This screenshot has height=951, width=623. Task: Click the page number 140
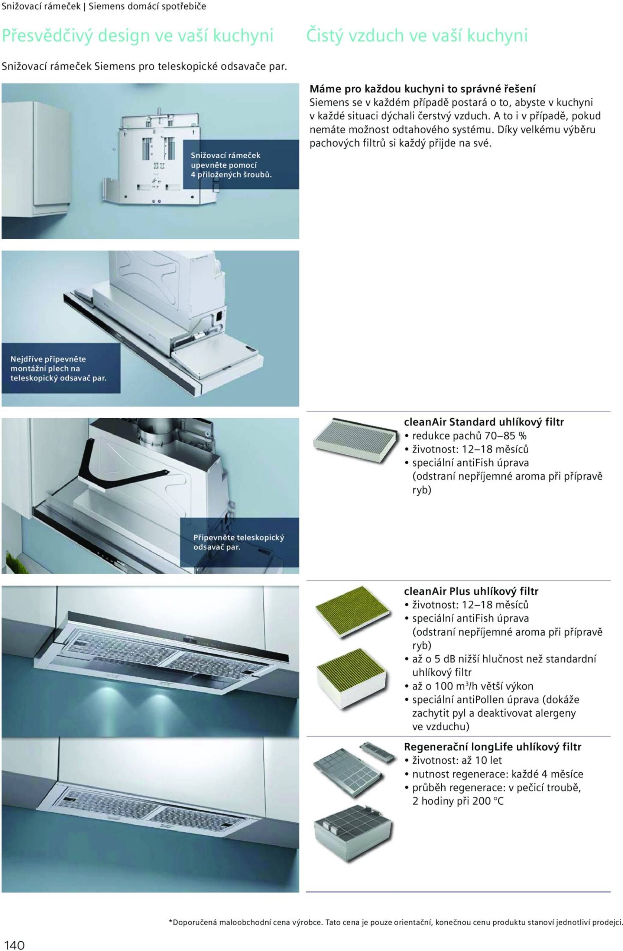coord(13,945)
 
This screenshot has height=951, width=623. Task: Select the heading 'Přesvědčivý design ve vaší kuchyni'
coord(137,36)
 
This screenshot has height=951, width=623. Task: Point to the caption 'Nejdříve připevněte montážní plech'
coord(58,368)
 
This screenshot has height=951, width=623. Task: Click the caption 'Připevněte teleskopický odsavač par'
coord(239,542)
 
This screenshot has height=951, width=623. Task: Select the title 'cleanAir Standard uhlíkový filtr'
coord(484,422)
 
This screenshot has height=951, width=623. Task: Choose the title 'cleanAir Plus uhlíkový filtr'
coord(471,591)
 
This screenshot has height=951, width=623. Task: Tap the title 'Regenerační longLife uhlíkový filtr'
coord(492,747)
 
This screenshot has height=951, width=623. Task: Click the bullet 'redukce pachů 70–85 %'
coord(465,435)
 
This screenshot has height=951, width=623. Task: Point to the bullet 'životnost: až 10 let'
coord(453,760)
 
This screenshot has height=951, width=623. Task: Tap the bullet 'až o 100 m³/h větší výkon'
coord(469,686)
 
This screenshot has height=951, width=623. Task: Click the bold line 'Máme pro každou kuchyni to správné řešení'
coord(423,89)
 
